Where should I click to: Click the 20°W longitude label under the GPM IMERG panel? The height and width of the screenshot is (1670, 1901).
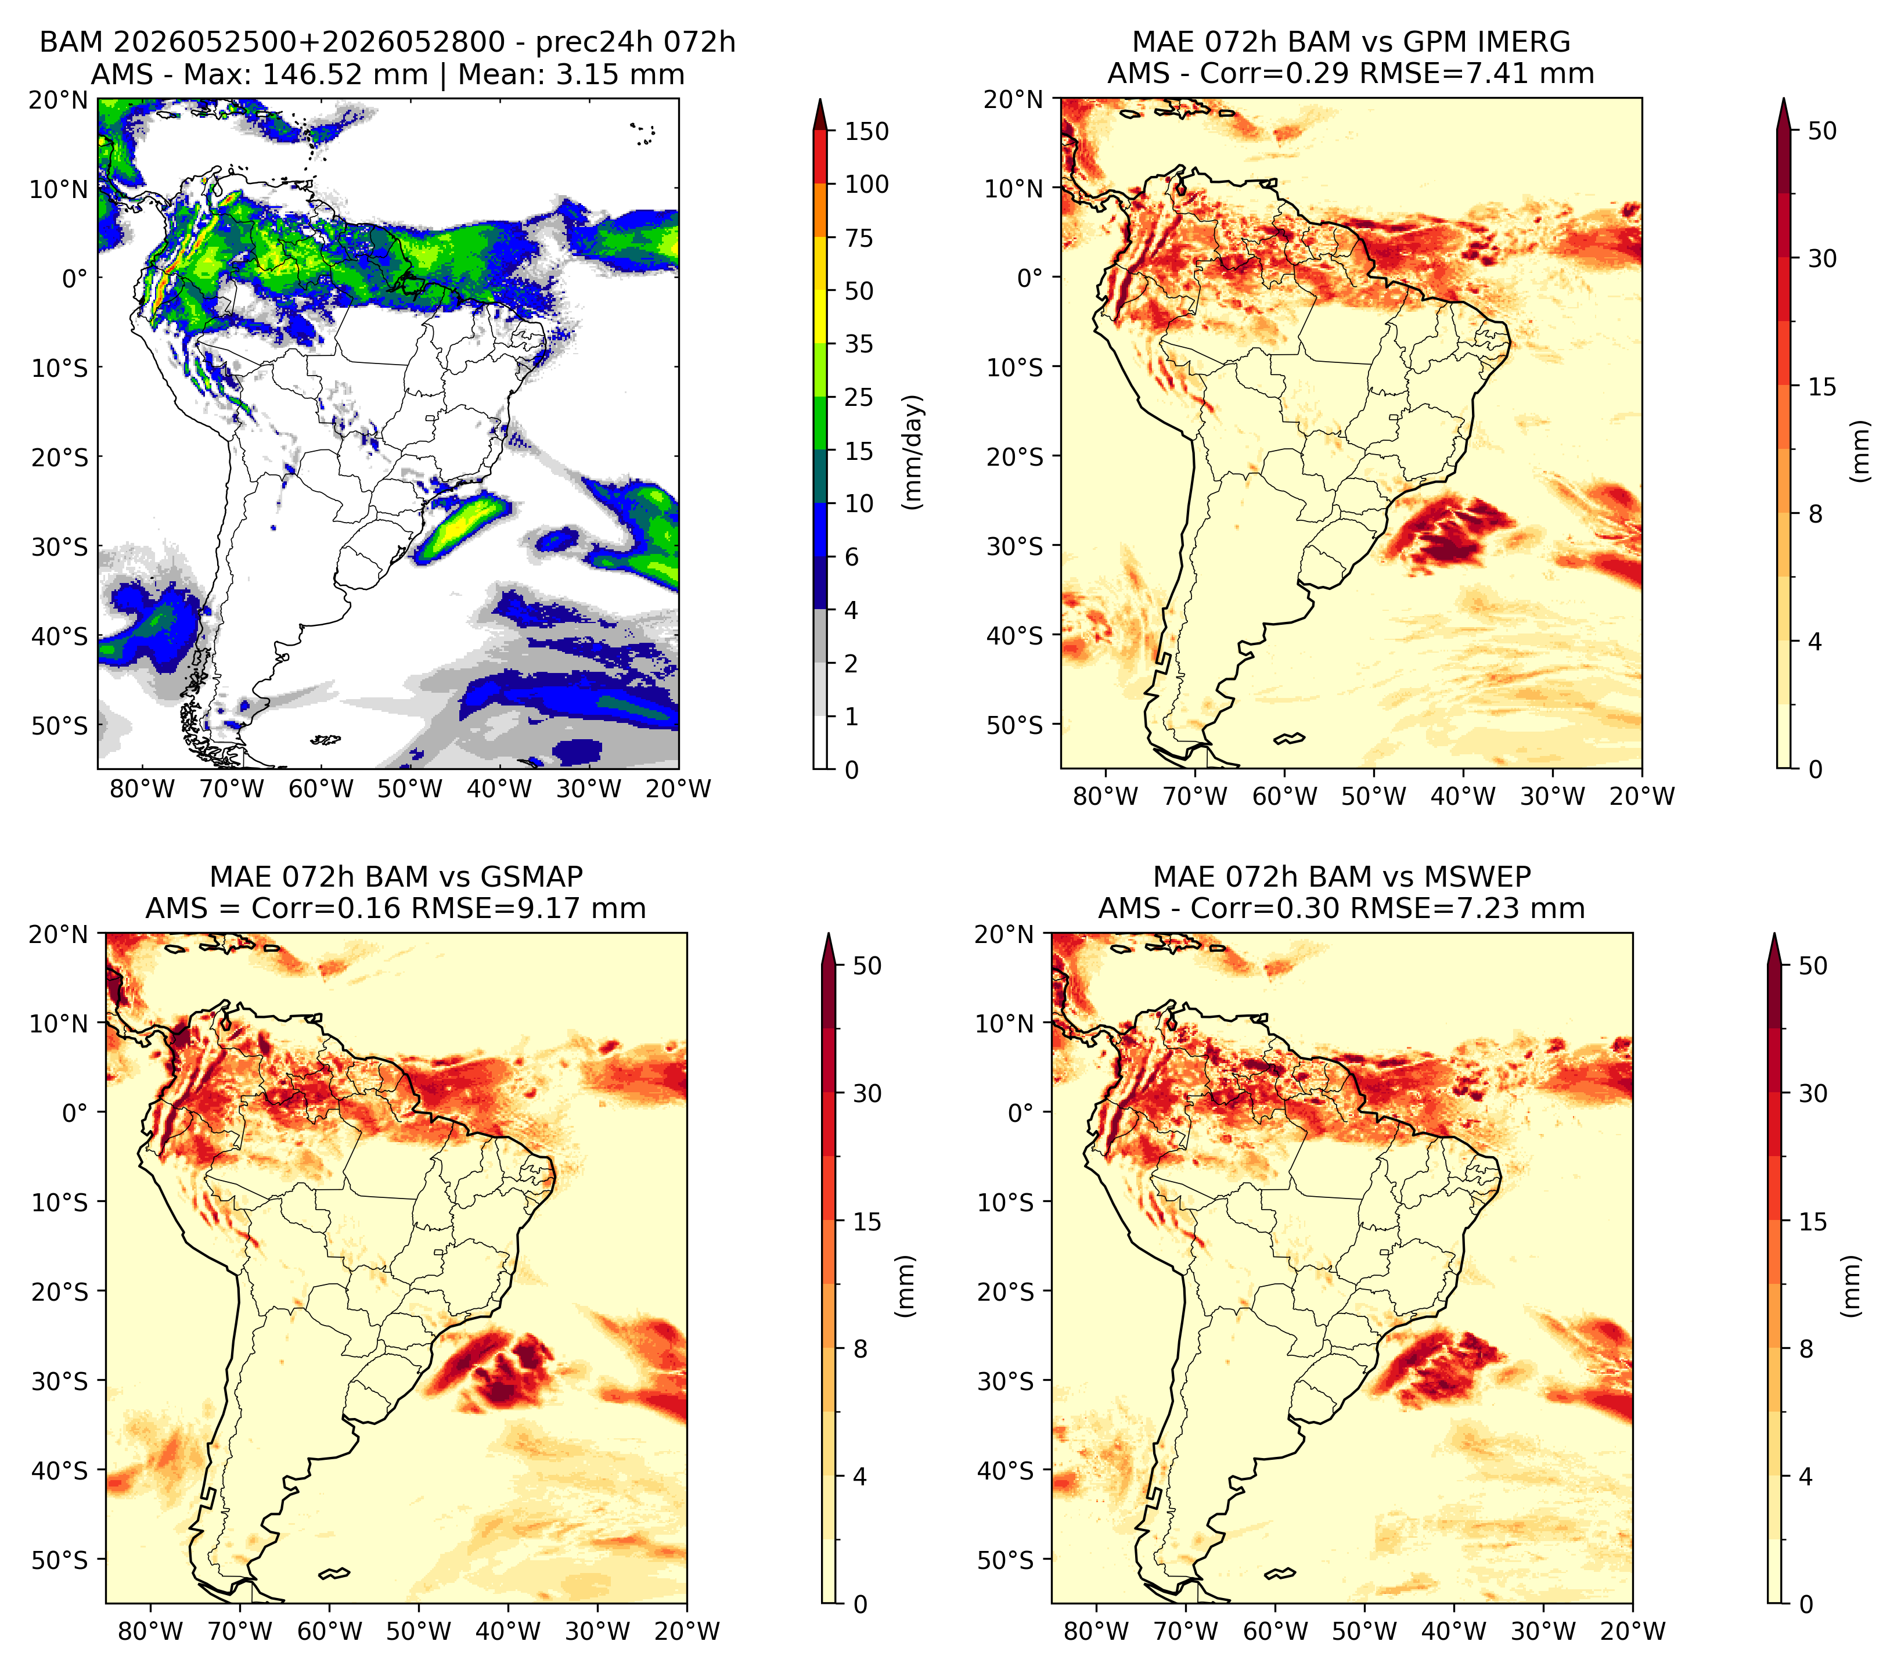point(1643,797)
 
